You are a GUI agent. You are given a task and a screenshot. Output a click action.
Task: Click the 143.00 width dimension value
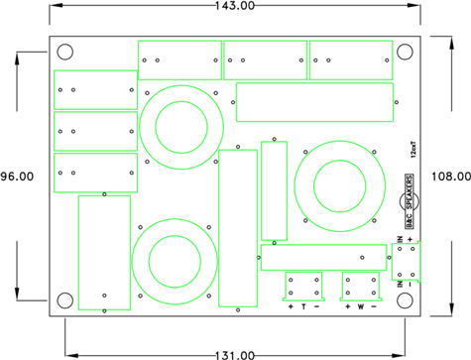234,7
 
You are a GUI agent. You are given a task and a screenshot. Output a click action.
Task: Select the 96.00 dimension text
17,176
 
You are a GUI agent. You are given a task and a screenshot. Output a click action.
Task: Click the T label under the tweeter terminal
303,307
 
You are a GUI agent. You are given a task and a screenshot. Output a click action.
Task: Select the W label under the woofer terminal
361,307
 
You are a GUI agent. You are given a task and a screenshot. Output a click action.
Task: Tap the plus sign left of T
291,307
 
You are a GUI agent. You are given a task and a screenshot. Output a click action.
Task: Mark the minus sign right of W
374,307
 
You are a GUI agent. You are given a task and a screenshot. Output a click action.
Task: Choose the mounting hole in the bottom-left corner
65,300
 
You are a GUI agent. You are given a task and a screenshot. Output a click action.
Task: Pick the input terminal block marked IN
408,263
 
